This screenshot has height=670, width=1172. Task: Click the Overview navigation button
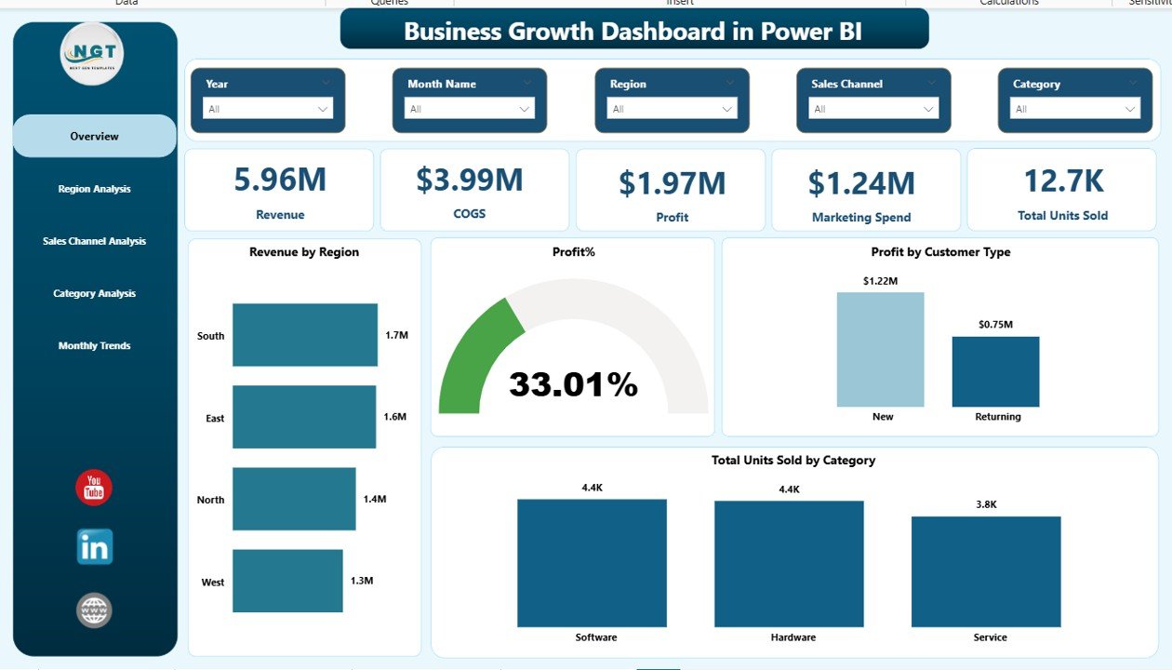click(x=94, y=136)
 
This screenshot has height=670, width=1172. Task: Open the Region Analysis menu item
click(x=94, y=189)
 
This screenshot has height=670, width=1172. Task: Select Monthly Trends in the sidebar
click(x=94, y=345)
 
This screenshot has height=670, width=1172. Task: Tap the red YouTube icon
click(x=94, y=488)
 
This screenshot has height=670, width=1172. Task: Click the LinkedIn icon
click(x=94, y=547)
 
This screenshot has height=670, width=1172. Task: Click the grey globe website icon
click(x=94, y=610)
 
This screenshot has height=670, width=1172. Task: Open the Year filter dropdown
click(x=268, y=109)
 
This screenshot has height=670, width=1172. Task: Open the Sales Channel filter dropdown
click(x=872, y=109)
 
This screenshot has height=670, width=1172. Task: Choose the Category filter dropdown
click(x=1074, y=109)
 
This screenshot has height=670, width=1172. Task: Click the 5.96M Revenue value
click(x=280, y=180)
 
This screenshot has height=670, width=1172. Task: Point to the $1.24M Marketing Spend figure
click(x=861, y=183)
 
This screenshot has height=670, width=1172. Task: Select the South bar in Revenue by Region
click(x=305, y=335)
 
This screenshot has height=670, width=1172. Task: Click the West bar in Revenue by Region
click(x=287, y=581)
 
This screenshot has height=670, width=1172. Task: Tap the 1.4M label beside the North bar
click(x=374, y=500)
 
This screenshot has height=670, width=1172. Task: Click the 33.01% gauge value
click(x=573, y=384)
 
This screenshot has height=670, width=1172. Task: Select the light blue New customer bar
click(x=880, y=350)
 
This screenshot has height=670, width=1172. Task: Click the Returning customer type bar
click(x=995, y=371)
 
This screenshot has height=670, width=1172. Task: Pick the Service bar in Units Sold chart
click(x=986, y=571)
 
